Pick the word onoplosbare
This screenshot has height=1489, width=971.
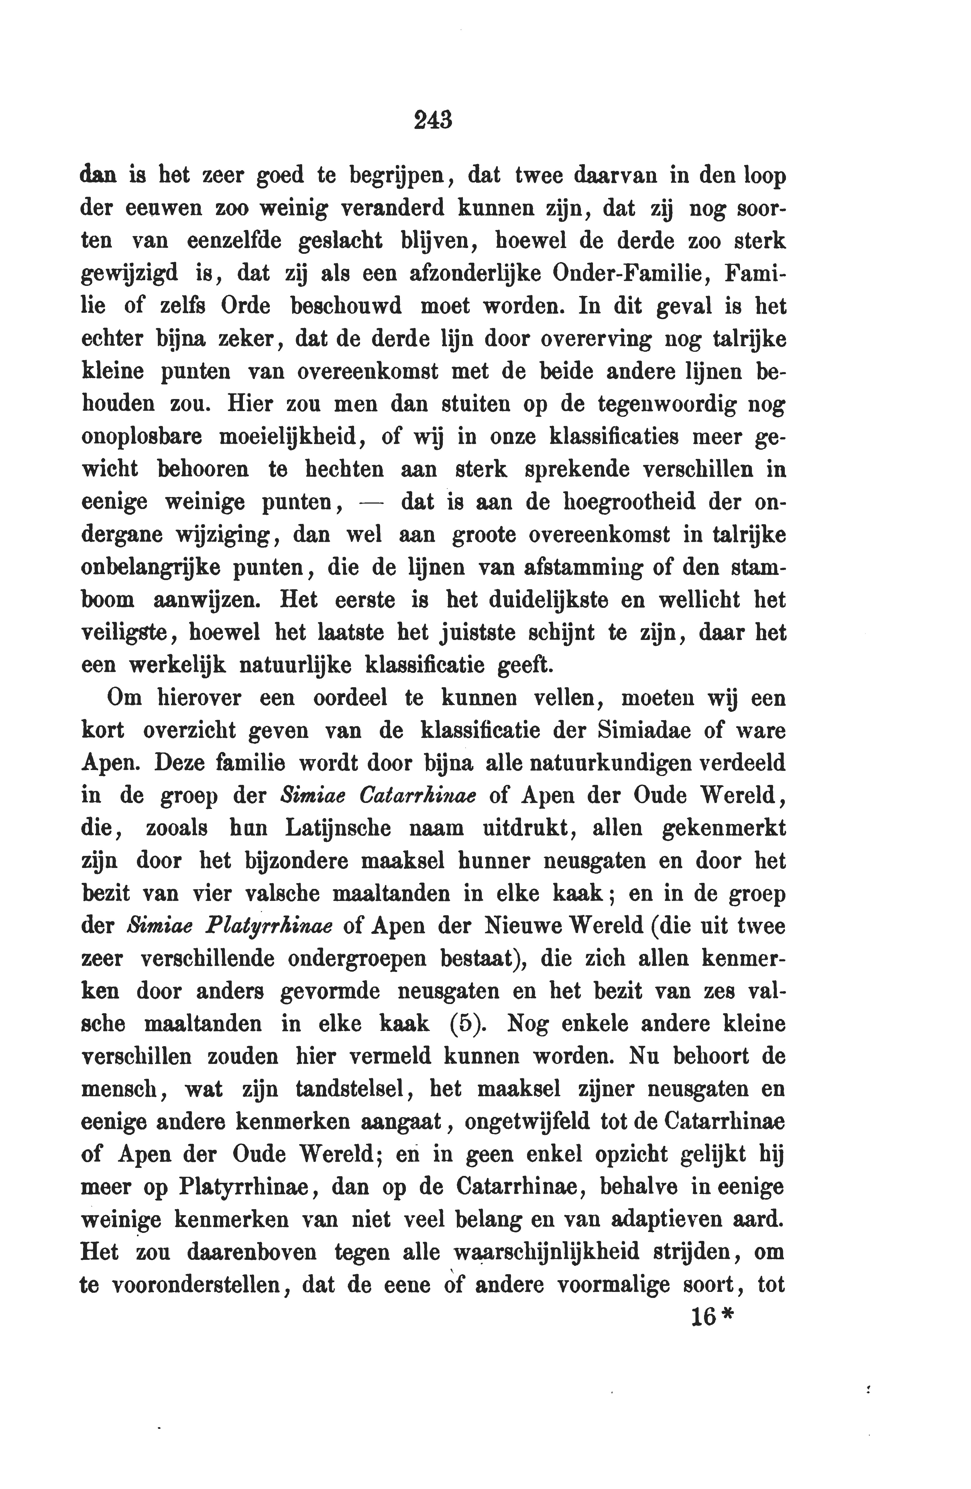141,437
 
